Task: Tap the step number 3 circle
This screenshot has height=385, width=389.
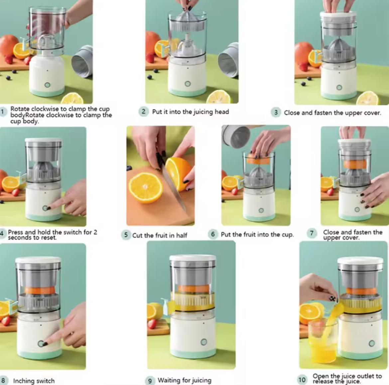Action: point(276,113)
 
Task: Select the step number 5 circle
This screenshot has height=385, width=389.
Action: point(126,235)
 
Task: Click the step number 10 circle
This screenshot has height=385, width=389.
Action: point(302,380)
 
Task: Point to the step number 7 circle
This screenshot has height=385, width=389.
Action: point(312,233)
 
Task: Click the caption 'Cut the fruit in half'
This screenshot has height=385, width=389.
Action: point(160,236)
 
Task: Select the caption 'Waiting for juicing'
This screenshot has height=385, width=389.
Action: point(184,380)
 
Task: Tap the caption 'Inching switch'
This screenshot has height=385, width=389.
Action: point(34,381)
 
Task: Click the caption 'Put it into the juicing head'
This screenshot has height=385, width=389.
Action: point(190,112)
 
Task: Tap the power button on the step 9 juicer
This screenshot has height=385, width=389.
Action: point(204,342)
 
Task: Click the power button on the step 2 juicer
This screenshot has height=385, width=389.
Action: point(188,84)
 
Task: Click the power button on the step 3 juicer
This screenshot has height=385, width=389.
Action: point(339,88)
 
